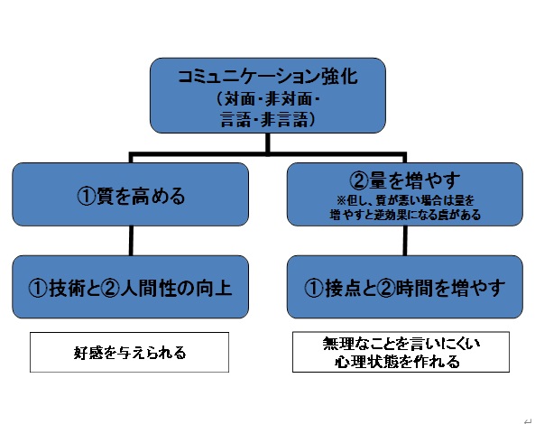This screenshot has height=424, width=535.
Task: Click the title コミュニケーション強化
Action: (x=268, y=77)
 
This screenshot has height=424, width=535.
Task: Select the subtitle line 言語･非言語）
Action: (x=268, y=120)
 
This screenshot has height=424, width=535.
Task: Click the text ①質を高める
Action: (x=131, y=196)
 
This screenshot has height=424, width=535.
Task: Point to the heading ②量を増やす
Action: (x=405, y=180)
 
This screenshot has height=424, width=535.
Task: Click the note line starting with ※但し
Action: (x=405, y=200)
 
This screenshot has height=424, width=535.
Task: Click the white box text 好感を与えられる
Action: (x=130, y=353)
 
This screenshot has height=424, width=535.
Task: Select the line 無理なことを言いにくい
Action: (x=401, y=344)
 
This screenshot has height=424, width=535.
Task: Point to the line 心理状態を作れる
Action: (x=397, y=361)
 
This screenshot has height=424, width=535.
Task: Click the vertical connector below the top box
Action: (x=267, y=143)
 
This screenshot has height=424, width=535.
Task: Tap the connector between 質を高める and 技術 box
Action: (x=131, y=241)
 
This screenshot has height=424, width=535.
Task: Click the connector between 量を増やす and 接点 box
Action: (x=405, y=241)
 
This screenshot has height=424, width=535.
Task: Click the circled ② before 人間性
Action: (x=111, y=289)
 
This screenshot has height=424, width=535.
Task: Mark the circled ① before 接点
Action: (x=313, y=289)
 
